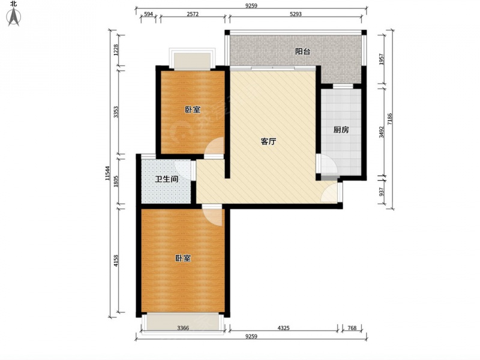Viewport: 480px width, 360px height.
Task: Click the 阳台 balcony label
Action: coord(302,52)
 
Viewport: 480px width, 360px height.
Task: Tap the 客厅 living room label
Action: coord(268,141)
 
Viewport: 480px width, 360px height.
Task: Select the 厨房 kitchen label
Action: coord(341,130)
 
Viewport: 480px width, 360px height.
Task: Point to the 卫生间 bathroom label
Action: coord(167,179)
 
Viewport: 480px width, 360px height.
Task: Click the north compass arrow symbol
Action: coord(14,17)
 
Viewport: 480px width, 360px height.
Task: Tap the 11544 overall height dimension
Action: coord(107,173)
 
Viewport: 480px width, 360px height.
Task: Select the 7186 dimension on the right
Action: coord(389,119)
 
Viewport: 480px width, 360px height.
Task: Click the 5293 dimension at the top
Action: coord(295,14)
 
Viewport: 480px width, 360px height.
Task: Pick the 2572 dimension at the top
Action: coord(193,14)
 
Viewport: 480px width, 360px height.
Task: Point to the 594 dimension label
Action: coord(148,14)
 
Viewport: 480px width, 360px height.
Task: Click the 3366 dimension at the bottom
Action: coord(183,328)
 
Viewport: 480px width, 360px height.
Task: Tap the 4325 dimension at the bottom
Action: coord(283,328)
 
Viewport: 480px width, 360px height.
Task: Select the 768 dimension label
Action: coord(352,328)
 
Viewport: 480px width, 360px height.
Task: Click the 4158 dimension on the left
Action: coord(116,261)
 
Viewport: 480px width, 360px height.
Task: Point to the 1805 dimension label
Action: coord(116,181)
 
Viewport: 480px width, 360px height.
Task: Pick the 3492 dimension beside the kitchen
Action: coord(381,132)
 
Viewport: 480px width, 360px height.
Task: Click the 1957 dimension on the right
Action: coord(381,59)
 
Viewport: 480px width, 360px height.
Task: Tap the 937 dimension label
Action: coord(381,191)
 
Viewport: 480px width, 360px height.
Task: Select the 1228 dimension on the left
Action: coord(116,50)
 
